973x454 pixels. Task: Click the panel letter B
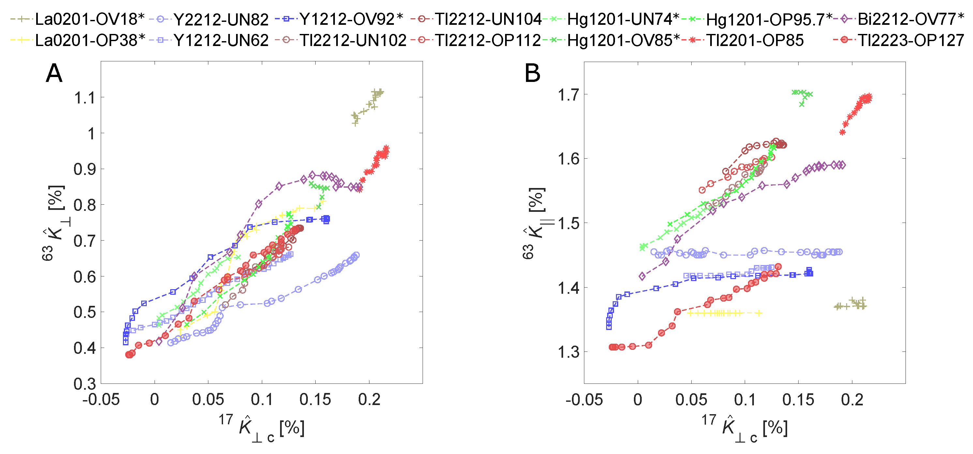[x=532, y=73]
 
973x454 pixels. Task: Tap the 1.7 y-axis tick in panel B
[x=568, y=95]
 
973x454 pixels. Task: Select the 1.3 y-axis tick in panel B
[x=568, y=352]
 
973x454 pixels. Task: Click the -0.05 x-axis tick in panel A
[x=101, y=399]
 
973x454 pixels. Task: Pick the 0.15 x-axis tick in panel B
[x=798, y=399]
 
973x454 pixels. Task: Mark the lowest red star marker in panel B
[x=842, y=132]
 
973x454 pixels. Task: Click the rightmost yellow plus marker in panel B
[x=760, y=313]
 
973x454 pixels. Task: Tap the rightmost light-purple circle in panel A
[x=356, y=255]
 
